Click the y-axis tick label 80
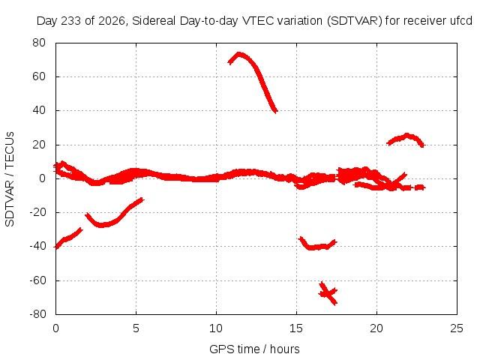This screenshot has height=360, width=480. click(x=39, y=43)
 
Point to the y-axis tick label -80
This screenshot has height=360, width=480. click(x=37, y=314)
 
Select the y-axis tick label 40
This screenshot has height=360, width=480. click(x=39, y=110)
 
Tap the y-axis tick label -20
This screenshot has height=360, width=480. click(x=37, y=212)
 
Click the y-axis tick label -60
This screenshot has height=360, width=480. click(x=37, y=280)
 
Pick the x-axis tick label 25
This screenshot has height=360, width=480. click(x=457, y=328)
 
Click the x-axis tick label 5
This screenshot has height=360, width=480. click(x=136, y=328)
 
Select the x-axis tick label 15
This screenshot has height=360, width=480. click(x=296, y=328)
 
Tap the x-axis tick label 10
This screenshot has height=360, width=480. click(x=216, y=328)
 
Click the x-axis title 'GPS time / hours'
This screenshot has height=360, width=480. click(x=254, y=349)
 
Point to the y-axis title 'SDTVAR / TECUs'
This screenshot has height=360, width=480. click(x=10, y=179)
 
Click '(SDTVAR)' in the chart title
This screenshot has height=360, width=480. click(x=355, y=21)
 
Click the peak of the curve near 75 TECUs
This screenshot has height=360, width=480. click(x=239, y=55)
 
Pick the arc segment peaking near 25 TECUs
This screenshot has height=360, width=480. click(x=406, y=136)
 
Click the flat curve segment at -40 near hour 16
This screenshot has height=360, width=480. click(x=317, y=247)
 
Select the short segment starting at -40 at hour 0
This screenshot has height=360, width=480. click(x=68, y=238)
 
